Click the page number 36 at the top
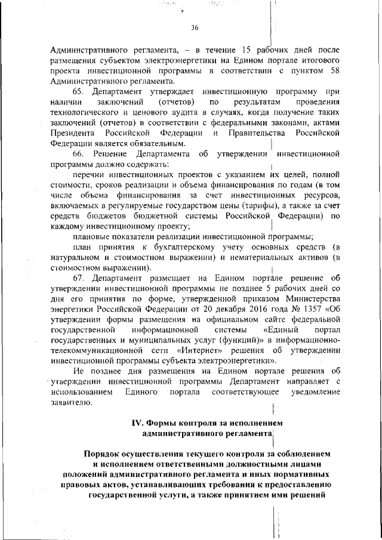(195, 27)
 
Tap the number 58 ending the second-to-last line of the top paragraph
(335, 71)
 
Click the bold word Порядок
(104, 455)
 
